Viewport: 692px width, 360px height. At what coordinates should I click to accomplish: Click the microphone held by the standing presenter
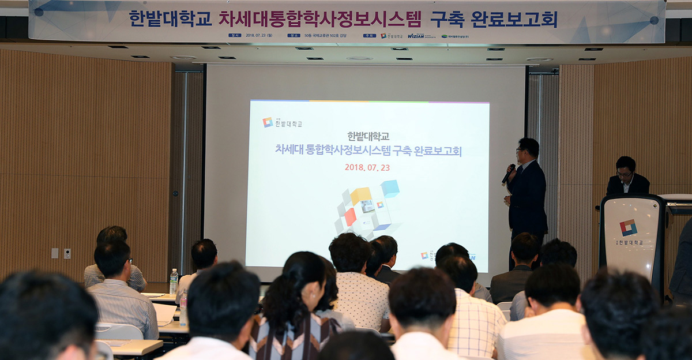[509, 173]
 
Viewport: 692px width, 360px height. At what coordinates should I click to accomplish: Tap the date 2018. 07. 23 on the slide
[367, 167]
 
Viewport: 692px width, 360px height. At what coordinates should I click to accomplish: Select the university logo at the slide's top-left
[268, 122]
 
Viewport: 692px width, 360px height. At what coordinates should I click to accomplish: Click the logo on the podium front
[628, 227]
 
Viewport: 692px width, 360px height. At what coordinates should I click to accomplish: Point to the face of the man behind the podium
[625, 171]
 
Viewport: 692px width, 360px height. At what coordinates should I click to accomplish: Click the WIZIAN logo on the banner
[416, 36]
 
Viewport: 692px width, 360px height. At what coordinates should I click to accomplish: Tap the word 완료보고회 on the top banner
[514, 19]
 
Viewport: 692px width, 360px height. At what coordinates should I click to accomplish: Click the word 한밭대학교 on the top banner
[170, 19]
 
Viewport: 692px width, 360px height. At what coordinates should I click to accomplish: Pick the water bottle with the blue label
[174, 281]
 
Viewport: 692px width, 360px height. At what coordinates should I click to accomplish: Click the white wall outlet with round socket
[67, 253]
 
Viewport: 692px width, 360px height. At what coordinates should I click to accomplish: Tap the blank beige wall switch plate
[55, 253]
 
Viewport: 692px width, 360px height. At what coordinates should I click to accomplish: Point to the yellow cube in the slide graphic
[361, 196]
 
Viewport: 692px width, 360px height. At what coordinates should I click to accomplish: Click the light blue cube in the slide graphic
[390, 188]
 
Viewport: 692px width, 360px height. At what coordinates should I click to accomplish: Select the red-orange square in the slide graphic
[350, 217]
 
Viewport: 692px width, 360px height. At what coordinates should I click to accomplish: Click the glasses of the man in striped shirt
[130, 261]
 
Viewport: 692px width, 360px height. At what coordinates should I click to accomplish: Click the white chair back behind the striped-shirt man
[118, 332]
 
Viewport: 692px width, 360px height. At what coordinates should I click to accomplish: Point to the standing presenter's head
[528, 148]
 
